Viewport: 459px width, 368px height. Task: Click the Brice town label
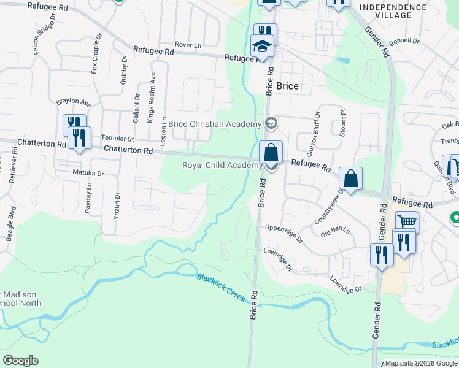pyautogui.click(x=287, y=86)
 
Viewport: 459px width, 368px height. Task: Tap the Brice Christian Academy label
pyautogui.click(x=215, y=125)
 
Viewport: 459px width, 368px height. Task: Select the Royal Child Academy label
pyautogui.click(x=222, y=165)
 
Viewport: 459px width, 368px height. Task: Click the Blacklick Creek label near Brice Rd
pyautogui.click(x=222, y=287)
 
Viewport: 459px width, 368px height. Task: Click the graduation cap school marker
pyautogui.click(x=262, y=45)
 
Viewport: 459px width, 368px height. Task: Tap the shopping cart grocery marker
pyautogui.click(x=407, y=222)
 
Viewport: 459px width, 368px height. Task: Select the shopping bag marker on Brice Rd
pyautogui.click(x=271, y=152)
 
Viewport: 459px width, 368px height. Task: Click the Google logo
pyautogui.click(x=20, y=360)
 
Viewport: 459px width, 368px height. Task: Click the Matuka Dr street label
pyautogui.click(x=88, y=174)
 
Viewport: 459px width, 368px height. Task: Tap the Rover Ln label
pyautogui.click(x=188, y=45)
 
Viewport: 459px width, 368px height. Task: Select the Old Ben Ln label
pyautogui.click(x=334, y=232)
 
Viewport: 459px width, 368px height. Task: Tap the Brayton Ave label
pyautogui.click(x=73, y=101)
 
